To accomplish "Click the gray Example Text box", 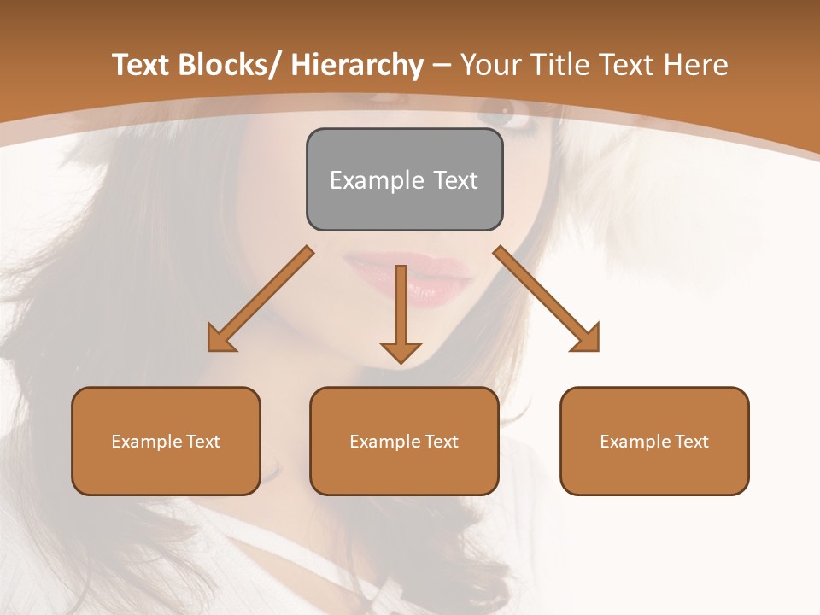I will click(404, 179).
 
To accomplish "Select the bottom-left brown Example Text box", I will click(166, 441).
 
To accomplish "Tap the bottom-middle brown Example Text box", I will click(404, 441).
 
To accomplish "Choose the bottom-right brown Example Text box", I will click(654, 441).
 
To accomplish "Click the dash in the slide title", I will click(442, 66).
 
